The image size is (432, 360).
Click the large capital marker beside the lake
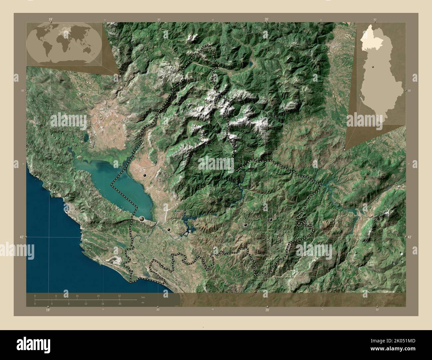[142, 219]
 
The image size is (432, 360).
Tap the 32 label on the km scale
[119, 296]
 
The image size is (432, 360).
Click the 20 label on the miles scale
[120, 304]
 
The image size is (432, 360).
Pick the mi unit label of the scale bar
[143, 302]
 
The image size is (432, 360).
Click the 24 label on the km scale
[98, 296]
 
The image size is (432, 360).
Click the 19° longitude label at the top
[51, 20]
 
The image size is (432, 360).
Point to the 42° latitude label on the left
[21, 237]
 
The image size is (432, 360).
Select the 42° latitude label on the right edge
[409, 237]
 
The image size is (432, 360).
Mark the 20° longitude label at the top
[267, 20]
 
